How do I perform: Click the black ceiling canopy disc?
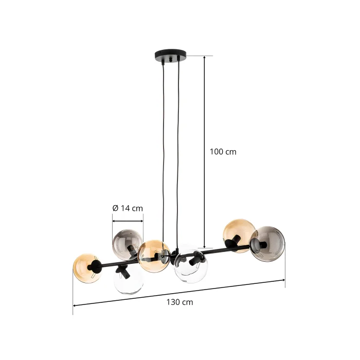[171, 53]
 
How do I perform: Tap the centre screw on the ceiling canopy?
[171, 60]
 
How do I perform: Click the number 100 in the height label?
[216, 152]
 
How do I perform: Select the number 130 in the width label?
[173, 302]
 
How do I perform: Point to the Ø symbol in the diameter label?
[115, 208]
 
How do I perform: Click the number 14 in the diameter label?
[125, 208]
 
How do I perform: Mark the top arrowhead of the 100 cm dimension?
[204, 58]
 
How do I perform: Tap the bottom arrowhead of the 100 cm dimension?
[204, 246]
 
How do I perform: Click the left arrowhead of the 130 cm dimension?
[75, 305]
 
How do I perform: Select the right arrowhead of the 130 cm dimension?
[283, 280]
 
